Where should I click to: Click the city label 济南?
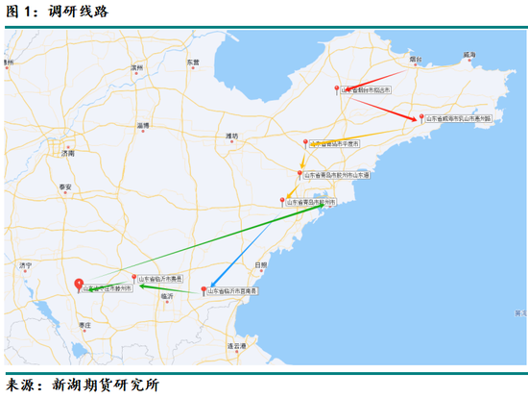[x=67, y=153]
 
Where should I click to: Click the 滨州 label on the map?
[x=136, y=68]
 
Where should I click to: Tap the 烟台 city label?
[x=415, y=60]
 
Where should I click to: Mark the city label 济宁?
[x=26, y=264]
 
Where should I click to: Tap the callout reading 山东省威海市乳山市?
[x=458, y=118]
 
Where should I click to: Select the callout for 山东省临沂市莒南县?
[x=235, y=290]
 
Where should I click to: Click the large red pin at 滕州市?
[x=79, y=284]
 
